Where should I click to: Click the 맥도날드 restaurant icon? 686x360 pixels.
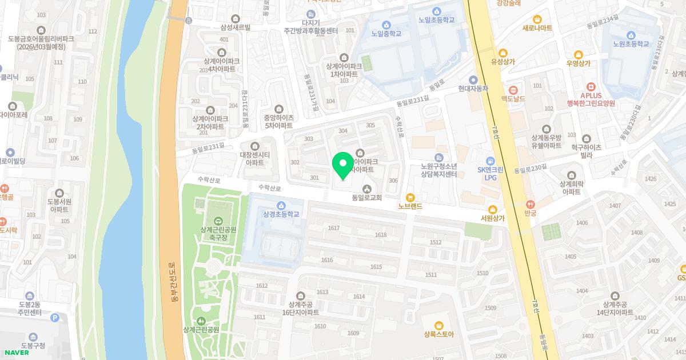pyautogui.click(x=513, y=89)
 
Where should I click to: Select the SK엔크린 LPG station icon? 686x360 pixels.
pyautogui.click(x=490, y=161)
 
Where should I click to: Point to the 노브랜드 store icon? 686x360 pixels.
pyautogui.click(x=410, y=197)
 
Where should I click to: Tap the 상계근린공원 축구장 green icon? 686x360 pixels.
pyautogui.click(x=218, y=221)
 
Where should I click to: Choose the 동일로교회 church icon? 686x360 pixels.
pyautogui.click(x=366, y=189)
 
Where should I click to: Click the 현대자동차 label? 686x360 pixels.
pyautogui.click(x=473, y=88)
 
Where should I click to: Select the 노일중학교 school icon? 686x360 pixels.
pyautogui.click(x=386, y=25)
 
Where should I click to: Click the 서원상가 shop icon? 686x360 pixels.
pyautogui.click(x=492, y=209)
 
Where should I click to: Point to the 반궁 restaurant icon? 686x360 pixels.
pyautogui.click(x=530, y=204)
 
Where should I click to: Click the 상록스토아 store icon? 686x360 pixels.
pyautogui.click(x=438, y=325)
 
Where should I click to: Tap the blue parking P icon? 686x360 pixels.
pyautogui.click(x=55, y=317)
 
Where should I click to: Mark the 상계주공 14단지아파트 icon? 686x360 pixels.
pyautogui.click(x=614, y=295)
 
